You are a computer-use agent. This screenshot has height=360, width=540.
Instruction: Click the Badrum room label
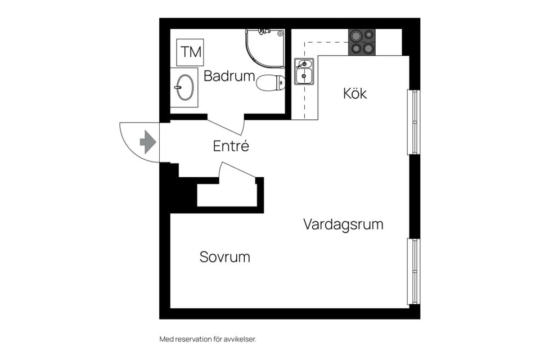[229, 76]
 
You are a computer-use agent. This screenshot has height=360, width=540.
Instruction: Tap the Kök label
[355, 93]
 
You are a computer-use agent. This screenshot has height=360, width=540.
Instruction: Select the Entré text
[231, 146]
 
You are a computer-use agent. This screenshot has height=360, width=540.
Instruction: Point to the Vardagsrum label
[343, 224]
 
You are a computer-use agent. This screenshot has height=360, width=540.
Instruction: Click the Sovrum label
[224, 257]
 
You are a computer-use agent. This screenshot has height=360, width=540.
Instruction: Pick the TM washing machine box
[190, 52]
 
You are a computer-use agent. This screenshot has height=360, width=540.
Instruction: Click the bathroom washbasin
[184, 87]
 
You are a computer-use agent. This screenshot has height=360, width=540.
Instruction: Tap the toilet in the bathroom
[271, 83]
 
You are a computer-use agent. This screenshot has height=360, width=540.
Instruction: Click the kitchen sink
[304, 71]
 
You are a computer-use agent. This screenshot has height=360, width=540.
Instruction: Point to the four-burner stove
[361, 42]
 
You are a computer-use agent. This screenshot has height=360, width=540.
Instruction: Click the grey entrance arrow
[147, 142]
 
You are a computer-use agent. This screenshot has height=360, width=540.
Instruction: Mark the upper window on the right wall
[413, 121]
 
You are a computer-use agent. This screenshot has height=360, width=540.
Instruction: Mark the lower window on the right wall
[413, 271]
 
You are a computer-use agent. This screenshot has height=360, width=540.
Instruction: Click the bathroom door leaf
[225, 127]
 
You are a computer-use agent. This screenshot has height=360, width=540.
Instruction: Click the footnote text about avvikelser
[208, 339]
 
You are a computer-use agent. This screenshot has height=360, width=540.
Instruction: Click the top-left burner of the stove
[355, 35]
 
